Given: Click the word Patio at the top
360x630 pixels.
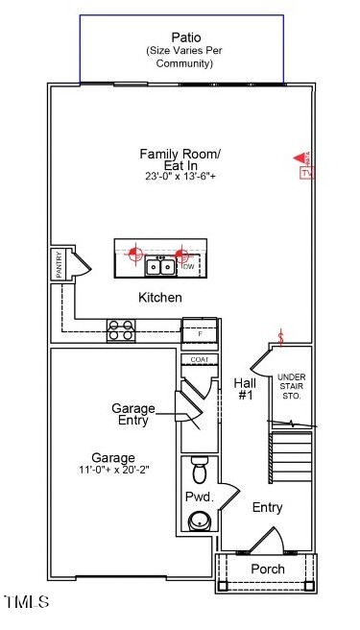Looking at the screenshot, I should point(180,36).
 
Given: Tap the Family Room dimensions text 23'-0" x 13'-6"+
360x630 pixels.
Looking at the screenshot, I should point(180,177).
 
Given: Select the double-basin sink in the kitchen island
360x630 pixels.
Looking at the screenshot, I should point(160,265).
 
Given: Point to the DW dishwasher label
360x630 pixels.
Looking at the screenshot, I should point(187,266).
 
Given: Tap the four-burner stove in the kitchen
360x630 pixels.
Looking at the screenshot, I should point(121,330).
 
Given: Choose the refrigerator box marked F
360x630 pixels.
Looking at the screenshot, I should point(200,330).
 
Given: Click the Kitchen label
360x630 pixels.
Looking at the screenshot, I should point(159,298).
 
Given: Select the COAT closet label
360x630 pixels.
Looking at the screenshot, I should point(200,359).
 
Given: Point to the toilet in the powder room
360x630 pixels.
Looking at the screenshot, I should point(200,472).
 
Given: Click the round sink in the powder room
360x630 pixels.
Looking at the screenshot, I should point(200,520).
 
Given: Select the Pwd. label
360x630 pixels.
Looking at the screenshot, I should point(199,497).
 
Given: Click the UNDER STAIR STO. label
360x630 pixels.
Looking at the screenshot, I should point(290,386).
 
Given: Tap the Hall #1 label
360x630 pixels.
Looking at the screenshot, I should point(245,388).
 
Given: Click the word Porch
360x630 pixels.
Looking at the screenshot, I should point(267,569).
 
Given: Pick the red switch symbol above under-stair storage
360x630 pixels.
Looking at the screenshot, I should point(281,337).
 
